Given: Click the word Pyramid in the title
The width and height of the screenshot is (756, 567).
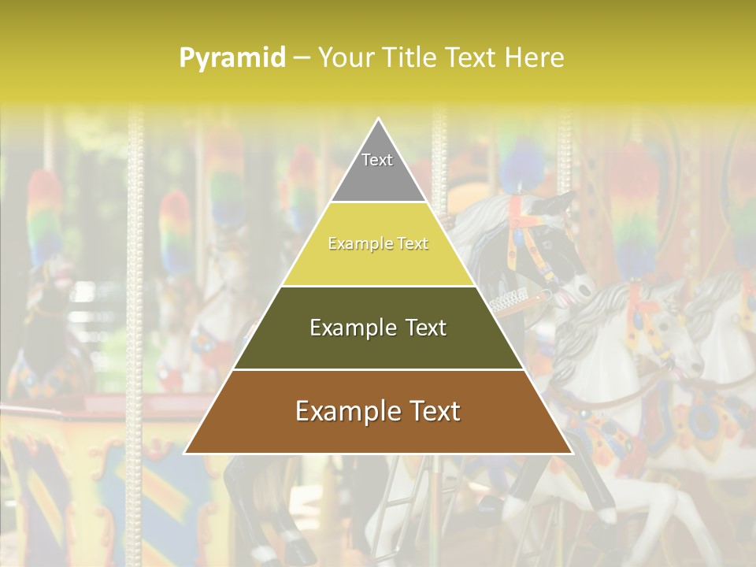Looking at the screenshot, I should [x=232, y=58].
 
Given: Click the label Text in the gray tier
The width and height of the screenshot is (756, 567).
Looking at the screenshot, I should [x=377, y=160].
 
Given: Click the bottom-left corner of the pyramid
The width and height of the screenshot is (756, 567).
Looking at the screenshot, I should [x=185, y=453].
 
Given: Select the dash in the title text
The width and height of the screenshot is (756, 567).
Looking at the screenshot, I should [x=302, y=58].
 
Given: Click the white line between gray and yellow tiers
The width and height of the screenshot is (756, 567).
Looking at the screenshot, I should [x=378, y=202].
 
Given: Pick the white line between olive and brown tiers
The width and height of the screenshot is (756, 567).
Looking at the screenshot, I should [x=378, y=369].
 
